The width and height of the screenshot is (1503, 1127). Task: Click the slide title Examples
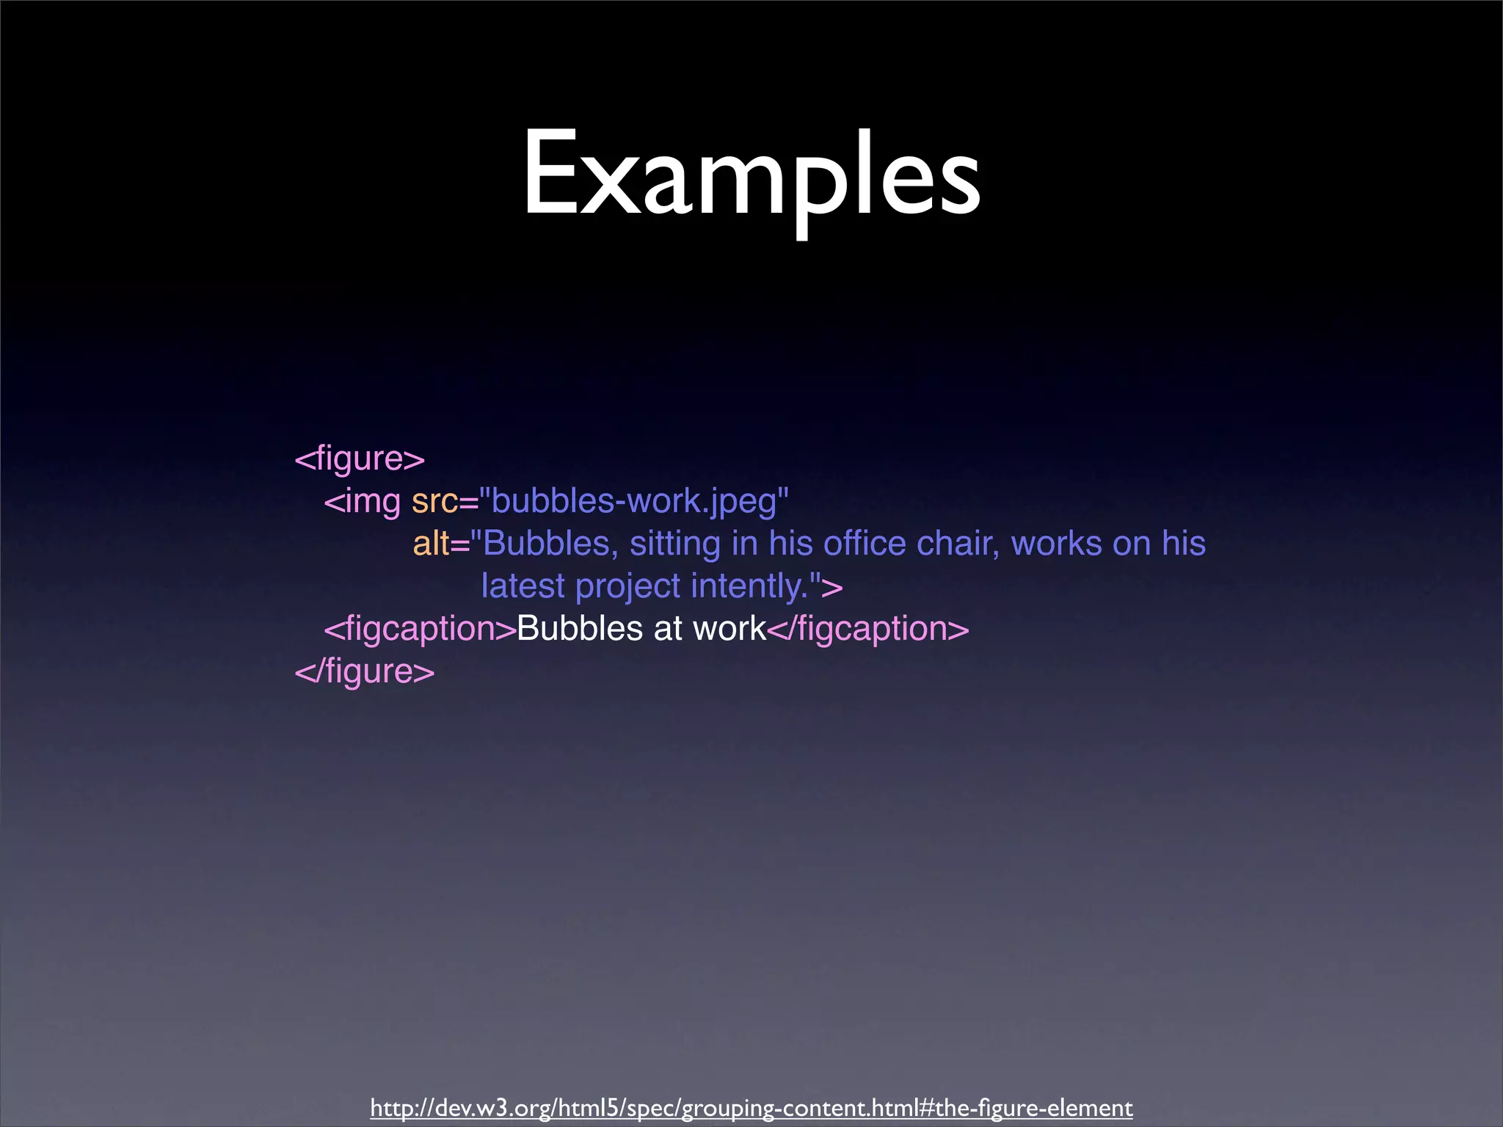coord(751,176)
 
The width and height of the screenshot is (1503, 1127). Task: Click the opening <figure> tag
coord(360,459)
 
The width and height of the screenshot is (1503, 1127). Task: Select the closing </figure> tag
coord(365,671)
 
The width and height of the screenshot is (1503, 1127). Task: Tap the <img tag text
coord(363,502)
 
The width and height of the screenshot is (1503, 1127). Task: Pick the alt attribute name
coord(432,544)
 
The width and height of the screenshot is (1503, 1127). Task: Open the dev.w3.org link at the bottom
coord(751,1107)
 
